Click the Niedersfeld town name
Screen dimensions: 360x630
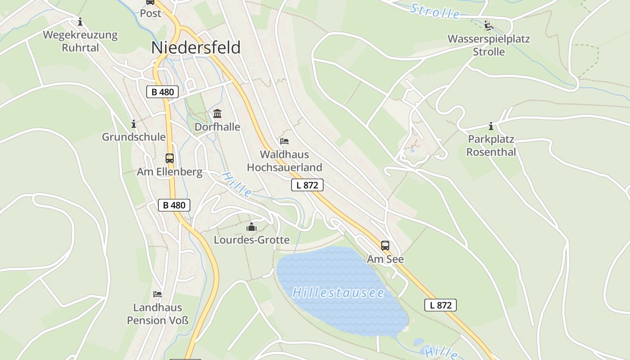[x=196, y=47]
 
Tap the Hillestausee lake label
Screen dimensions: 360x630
[x=338, y=293]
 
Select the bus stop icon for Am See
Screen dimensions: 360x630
[x=385, y=246]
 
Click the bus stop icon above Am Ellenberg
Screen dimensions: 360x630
[x=170, y=158]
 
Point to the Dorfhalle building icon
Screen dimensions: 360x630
[x=217, y=113]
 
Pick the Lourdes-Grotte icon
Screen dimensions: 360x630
[x=252, y=227]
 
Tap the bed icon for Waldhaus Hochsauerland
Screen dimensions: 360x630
[x=284, y=141]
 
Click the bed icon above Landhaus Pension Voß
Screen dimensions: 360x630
[x=157, y=294]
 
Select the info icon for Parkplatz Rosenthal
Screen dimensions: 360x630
[x=491, y=126]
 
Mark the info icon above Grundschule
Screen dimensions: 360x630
[x=134, y=124]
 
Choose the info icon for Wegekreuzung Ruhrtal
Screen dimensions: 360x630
[x=81, y=22]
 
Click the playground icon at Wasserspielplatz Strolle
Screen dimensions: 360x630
[x=489, y=25]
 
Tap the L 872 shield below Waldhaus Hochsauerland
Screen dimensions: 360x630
[x=307, y=185]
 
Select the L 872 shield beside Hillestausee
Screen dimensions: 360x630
[x=441, y=305]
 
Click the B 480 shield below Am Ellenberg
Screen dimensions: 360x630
[x=174, y=205]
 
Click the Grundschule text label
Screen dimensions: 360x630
[x=134, y=137]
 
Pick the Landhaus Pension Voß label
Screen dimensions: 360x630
[x=157, y=314]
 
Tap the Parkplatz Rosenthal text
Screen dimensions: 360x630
[x=491, y=145]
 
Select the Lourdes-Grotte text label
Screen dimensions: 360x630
[x=252, y=240]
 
